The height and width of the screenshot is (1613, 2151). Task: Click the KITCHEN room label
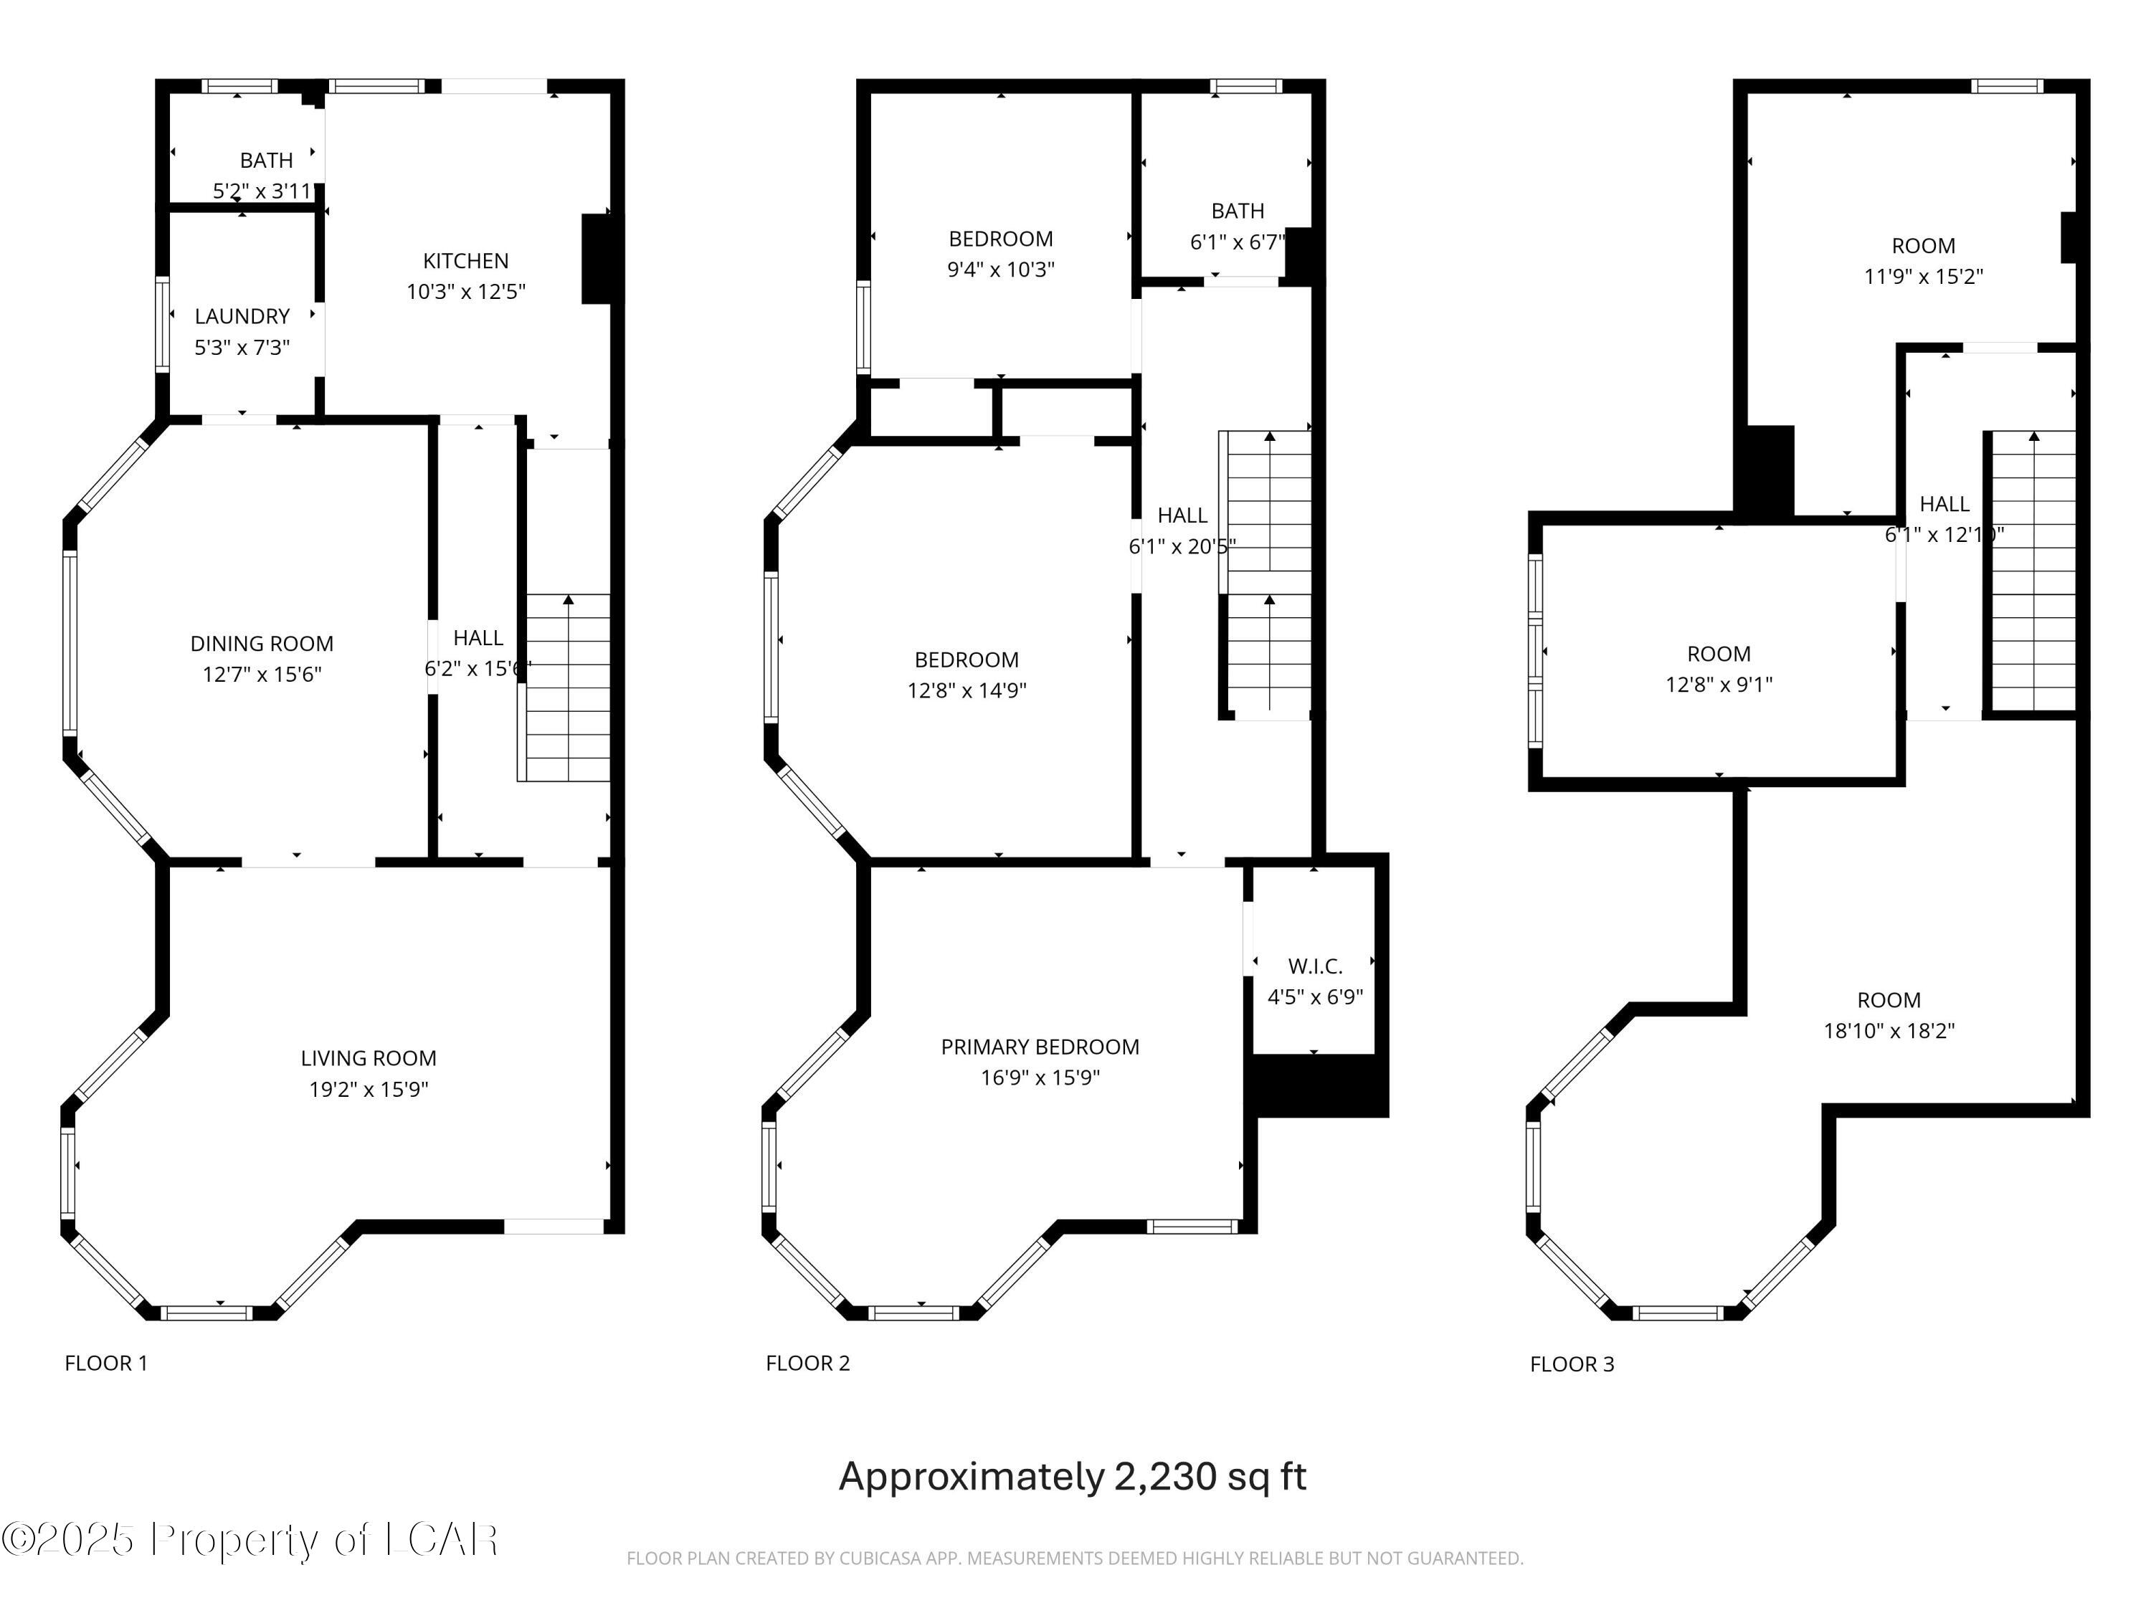(x=466, y=260)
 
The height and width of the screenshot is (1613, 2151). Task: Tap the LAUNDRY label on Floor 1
(x=242, y=316)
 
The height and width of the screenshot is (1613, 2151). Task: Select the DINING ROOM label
(x=262, y=644)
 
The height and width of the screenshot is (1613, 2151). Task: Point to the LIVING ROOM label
(x=369, y=1058)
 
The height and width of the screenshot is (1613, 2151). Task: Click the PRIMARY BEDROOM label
(x=1040, y=1047)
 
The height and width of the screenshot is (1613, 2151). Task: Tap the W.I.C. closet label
(x=1315, y=966)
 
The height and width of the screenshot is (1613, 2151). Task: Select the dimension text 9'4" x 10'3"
(x=1001, y=270)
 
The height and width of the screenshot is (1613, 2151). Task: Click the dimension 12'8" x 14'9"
(x=967, y=690)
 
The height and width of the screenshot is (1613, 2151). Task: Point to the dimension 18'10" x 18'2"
(x=1889, y=1031)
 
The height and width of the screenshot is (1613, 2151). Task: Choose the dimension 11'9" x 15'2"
(x=1924, y=276)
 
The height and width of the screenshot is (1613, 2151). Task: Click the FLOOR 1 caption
(x=106, y=1363)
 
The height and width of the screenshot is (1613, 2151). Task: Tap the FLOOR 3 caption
(x=1572, y=1364)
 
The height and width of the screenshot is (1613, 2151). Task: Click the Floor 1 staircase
(x=568, y=687)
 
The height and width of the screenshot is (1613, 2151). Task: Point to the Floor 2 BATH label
(x=1238, y=211)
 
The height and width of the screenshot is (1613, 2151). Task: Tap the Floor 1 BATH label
(x=267, y=161)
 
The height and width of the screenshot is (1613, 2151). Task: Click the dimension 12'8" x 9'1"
(x=1718, y=685)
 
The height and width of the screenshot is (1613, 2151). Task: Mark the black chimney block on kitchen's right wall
(x=596, y=259)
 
